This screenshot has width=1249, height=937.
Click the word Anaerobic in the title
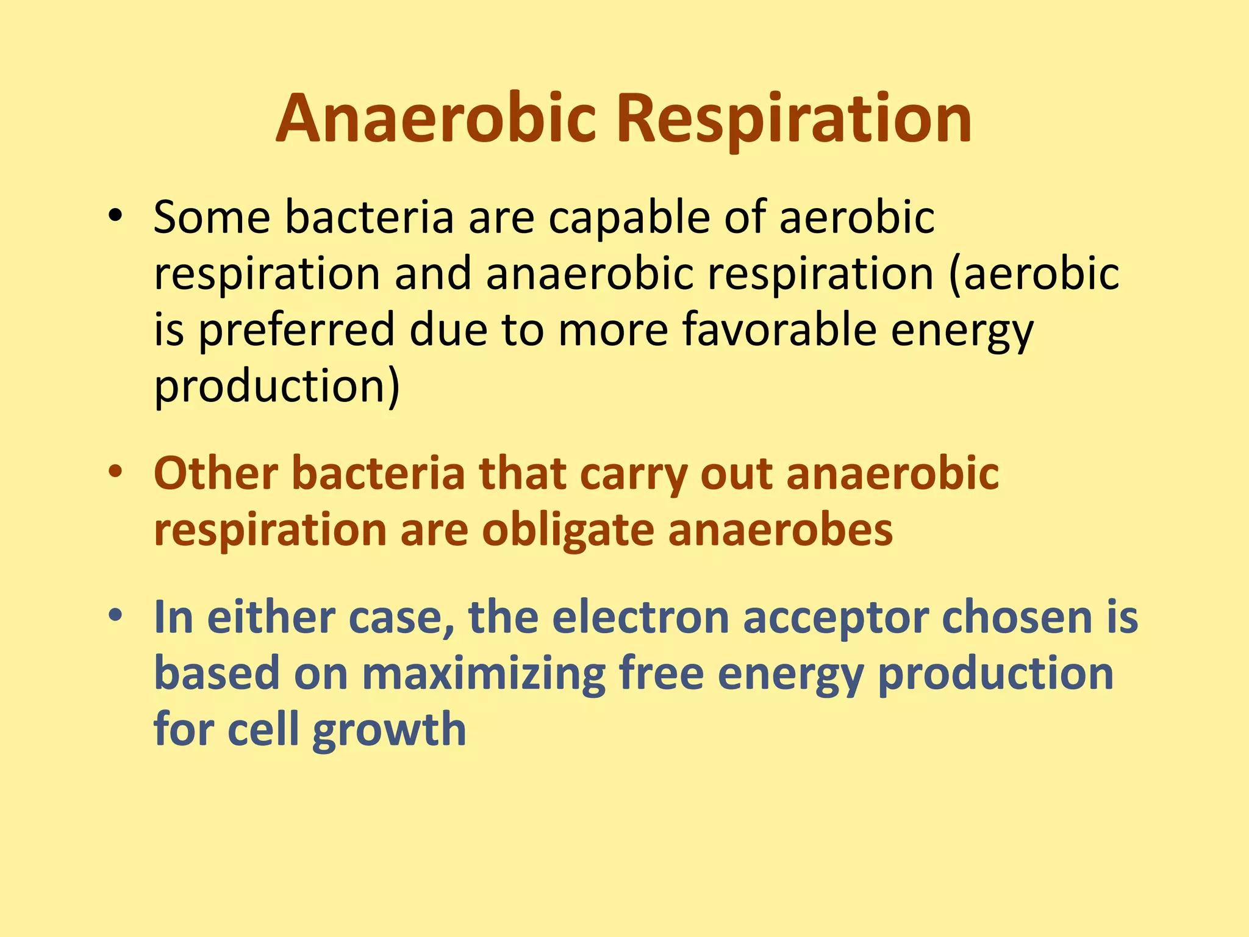[435, 118]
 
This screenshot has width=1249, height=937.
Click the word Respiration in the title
[794, 118]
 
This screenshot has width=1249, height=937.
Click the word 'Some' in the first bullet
[212, 217]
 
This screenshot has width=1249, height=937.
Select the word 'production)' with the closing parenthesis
[277, 387]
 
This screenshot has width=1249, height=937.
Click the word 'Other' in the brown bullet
[216, 473]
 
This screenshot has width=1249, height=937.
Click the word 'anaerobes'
[781, 530]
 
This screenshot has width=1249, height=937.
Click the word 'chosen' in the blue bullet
[1017, 617]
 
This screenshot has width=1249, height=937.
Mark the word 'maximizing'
[484, 675]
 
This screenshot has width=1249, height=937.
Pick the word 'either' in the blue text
[271, 617]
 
